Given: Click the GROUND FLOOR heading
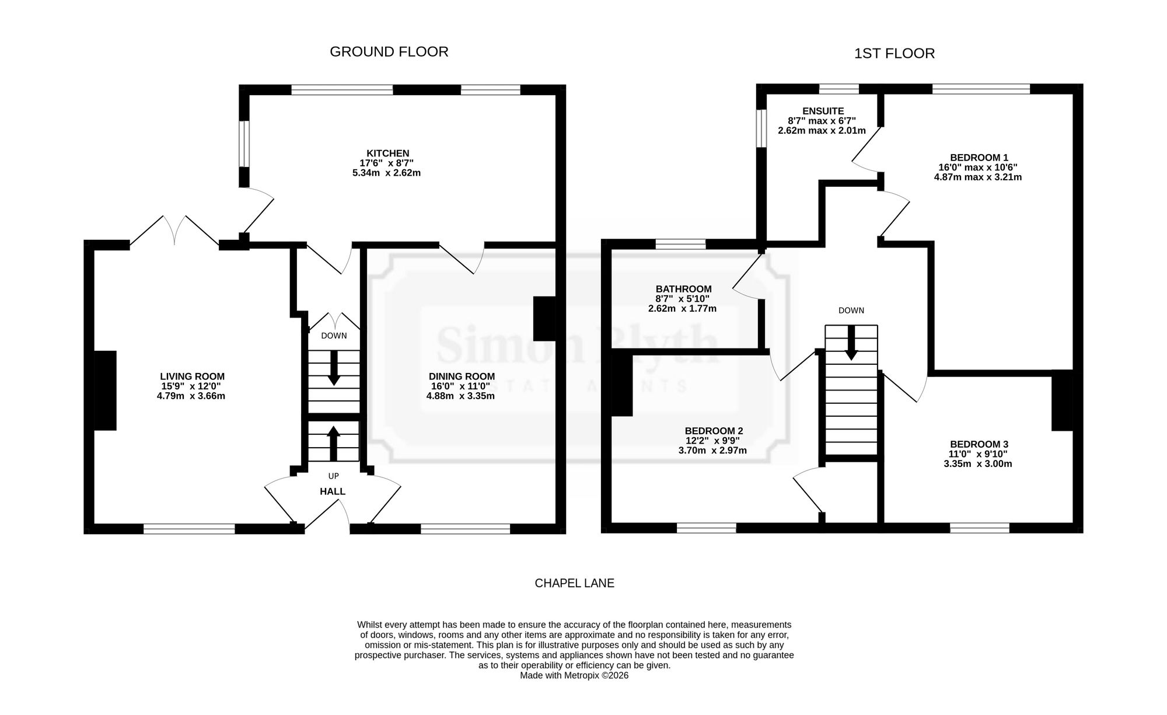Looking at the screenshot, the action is tap(389, 52).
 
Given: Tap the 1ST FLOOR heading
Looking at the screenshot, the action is tap(895, 54).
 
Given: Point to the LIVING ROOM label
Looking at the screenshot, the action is tap(193, 376).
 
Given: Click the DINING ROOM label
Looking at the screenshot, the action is tap(462, 376).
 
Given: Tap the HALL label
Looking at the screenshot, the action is tap(333, 491).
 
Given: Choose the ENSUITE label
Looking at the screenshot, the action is tap(823, 111).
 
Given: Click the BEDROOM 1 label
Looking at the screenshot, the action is tap(979, 157).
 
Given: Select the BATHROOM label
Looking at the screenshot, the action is tap(683, 289).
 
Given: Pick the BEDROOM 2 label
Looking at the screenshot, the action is tap(714, 431).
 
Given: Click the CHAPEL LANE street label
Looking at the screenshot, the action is tap(575, 583).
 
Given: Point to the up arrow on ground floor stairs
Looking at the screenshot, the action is tap(333, 444).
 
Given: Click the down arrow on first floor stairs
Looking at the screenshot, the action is tap(851, 342).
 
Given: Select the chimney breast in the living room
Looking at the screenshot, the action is tap(106, 390).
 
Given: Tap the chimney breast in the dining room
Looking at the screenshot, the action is tap(544, 319).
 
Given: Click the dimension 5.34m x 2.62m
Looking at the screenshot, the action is tap(387, 173).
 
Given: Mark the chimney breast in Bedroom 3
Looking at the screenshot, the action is tap(1063, 400).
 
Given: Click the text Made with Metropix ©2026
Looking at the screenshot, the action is tap(574, 675).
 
